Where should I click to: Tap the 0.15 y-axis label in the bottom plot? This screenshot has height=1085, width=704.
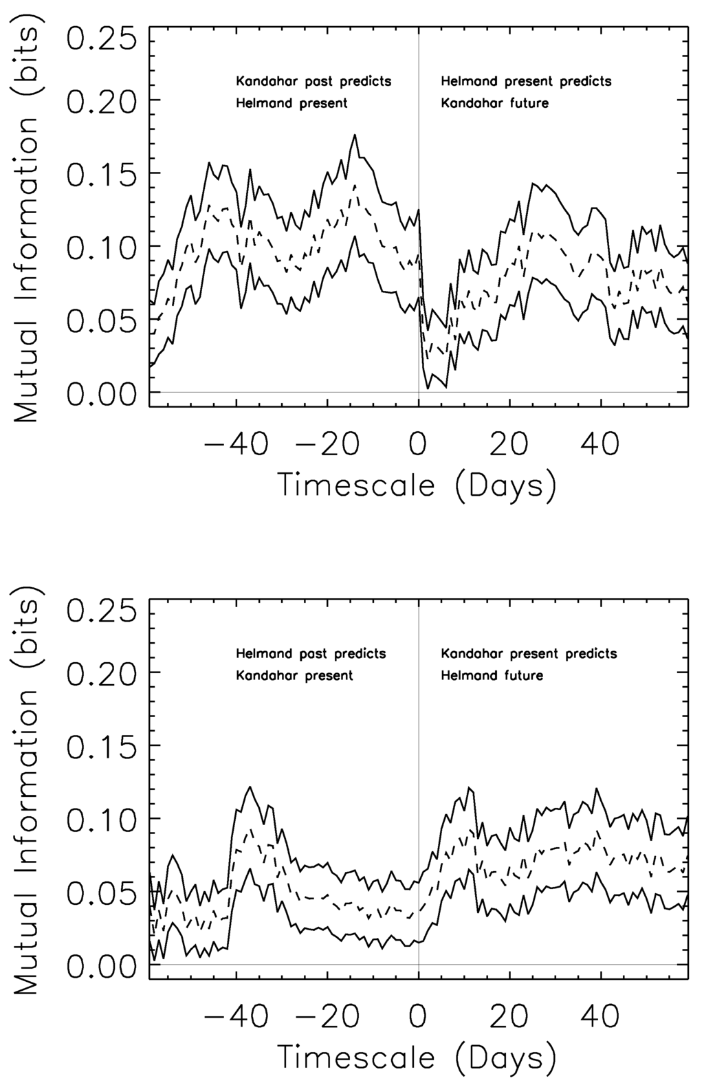click(103, 745)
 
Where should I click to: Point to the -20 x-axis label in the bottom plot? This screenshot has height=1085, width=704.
click(325, 1016)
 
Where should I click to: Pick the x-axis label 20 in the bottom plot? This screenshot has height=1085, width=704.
click(509, 1016)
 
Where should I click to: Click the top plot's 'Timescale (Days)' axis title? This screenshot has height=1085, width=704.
click(417, 485)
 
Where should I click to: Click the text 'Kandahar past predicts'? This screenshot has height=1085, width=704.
click(313, 81)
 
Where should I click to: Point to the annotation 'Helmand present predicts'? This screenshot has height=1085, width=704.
click(526, 81)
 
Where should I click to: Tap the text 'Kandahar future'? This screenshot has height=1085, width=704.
click(494, 104)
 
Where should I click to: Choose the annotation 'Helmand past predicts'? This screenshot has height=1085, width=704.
click(311, 653)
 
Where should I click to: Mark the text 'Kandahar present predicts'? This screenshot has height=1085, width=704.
click(529, 653)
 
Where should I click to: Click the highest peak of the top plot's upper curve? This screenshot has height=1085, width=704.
click(355, 135)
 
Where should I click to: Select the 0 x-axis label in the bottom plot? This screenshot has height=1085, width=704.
click(418, 1016)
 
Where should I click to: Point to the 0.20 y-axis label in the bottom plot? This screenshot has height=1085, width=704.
click(103, 672)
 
